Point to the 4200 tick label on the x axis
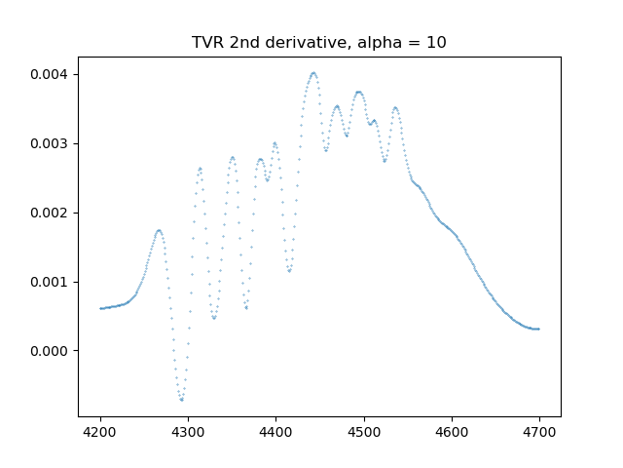[x=100, y=431]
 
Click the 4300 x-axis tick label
[x=188, y=431]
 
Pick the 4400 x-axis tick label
[x=275, y=431]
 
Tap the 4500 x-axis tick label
[x=364, y=431]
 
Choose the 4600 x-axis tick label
[x=452, y=431]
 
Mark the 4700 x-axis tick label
[x=539, y=431]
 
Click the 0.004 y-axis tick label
[x=51, y=74]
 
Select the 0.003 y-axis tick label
[x=51, y=143]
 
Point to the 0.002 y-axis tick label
[x=51, y=213]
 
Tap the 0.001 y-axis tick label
[x=51, y=282]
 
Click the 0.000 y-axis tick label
[x=51, y=351]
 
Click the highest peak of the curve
[x=313, y=72]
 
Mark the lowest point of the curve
[x=181, y=400]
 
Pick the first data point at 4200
[x=100, y=308]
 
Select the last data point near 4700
[x=538, y=329]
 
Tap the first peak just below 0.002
[x=159, y=230]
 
